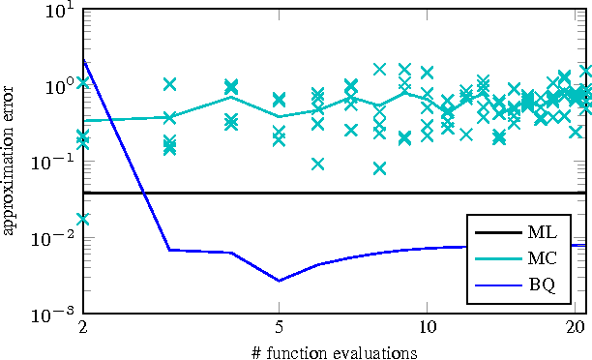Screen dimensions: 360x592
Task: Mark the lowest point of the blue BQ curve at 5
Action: point(280,281)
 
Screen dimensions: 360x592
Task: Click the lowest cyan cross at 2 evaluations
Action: point(83,219)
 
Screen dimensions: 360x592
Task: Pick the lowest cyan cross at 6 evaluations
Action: point(317,164)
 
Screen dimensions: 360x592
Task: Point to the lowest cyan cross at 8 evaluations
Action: point(379,168)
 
